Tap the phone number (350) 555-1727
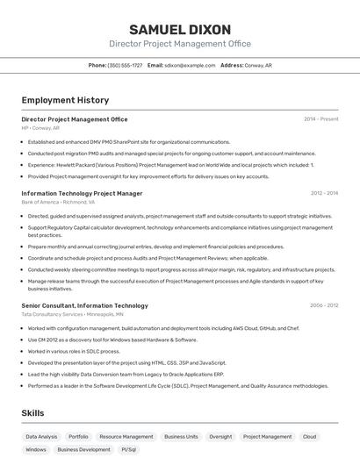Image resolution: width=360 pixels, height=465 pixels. pyautogui.click(x=125, y=65)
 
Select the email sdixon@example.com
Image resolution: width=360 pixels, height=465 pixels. pyautogui.click(x=190, y=65)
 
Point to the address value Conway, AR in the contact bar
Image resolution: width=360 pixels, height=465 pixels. pyautogui.click(x=258, y=65)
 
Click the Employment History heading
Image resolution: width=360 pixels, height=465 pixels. pyautogui.click(x=65, y=100)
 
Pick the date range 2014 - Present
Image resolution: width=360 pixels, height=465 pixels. pyautogui.click(x=320, y=119)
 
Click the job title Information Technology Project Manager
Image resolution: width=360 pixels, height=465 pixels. pyautogui.click(x=82, y=193)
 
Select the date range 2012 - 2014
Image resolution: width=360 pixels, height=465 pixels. pyautogui.click(x=324, y=193)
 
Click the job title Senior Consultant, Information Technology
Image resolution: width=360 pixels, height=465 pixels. pyautogui.click(x=84, y=305)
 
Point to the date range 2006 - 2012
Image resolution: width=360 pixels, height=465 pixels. pyautogui.click(x=324, y=305)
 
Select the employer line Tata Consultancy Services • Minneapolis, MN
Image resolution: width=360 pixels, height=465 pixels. pyautogui.click(x=72, y=314)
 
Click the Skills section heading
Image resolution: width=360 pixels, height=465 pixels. pyautogui.click(x=34, y=412)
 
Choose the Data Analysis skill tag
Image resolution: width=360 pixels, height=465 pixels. pyautogui.click(x=41, y=436)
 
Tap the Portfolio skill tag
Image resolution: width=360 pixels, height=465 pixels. pyautogui.click(x=78, y=436)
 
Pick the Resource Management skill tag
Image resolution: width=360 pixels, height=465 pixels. pyautogui.click(x=126, y=436)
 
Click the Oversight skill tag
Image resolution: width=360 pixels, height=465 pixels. pyautogui.click(x=220, y=436)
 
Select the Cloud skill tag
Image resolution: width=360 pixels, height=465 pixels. pyautogui.click(x=309, y=436)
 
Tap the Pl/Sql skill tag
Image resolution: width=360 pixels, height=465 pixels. pyautogui.click(x=129, y=449)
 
